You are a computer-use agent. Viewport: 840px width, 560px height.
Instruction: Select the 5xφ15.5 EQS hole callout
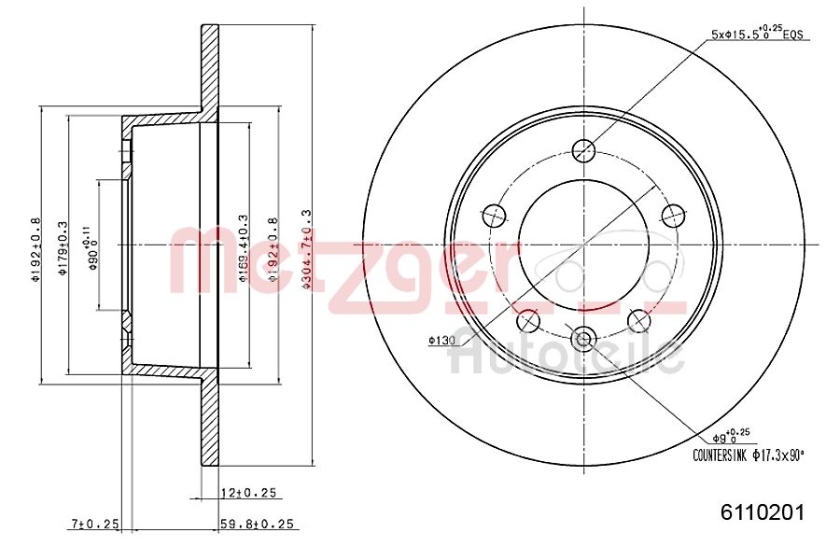coord(758,35)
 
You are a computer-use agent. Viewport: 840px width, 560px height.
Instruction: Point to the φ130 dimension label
coord(441,342)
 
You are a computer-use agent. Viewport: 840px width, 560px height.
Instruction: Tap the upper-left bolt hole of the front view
coord(494,216)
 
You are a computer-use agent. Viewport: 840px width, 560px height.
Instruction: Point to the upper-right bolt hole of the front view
coord(673,216)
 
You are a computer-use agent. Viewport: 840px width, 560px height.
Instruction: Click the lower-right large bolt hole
coord(639,321)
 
